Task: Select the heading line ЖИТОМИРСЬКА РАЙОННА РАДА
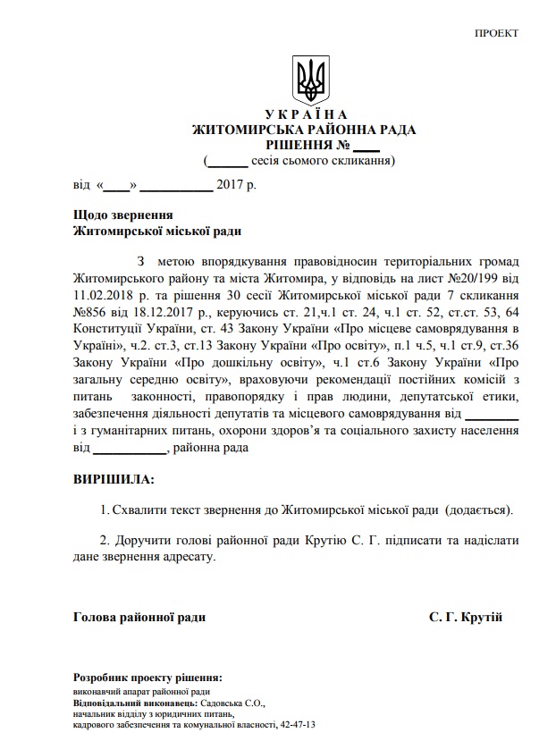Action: click(304, 130)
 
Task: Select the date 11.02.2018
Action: click(107, 294)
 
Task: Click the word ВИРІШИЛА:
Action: click(113, 479)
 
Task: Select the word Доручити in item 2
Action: click(141, 541)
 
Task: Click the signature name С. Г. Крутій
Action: click(466, 618)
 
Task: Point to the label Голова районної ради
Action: click(139, 618)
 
